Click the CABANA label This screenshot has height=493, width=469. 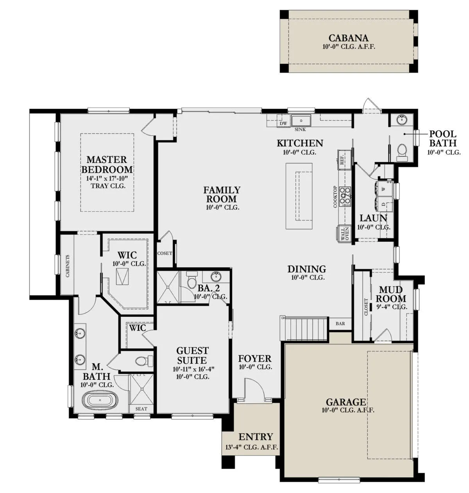click(348, 38)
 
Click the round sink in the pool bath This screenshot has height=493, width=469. click(402, 120)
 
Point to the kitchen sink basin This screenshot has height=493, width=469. click(301, 121)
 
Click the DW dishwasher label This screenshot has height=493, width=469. click(283, 123)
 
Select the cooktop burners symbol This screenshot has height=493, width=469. click(345, 197)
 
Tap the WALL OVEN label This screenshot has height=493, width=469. click(345, 234)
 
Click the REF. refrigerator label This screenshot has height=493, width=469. click(342, 159)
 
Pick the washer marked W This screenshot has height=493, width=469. click(384, 189)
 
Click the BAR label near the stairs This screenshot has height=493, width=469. click(340, 324)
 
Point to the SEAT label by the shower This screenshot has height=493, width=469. click(141, 409)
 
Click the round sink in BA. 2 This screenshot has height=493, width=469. click(216, 277)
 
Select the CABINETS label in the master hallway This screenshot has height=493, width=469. click(68, 266)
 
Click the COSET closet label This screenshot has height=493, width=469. click(165, 253)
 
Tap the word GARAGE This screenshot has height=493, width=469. click(346, 402)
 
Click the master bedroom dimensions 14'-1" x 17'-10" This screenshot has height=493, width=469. click(107, 178)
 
